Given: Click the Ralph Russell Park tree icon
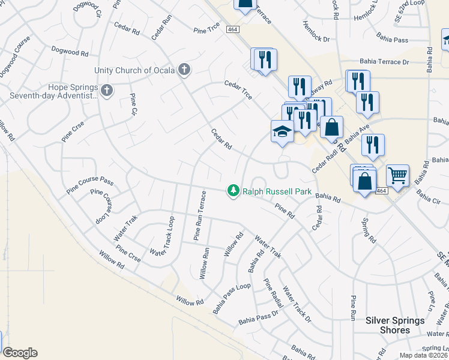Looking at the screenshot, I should (x=233, y=191).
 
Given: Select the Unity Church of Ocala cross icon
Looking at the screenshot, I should (x=184, y=70).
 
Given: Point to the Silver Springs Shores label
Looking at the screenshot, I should (x=395, y=325).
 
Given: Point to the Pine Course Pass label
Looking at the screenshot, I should (x=90, y=182).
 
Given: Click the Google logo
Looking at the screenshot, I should (x=20, y=353).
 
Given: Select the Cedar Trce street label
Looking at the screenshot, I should (x=238, y=90).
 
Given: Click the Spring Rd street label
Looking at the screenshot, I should (x=369, y=230).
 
